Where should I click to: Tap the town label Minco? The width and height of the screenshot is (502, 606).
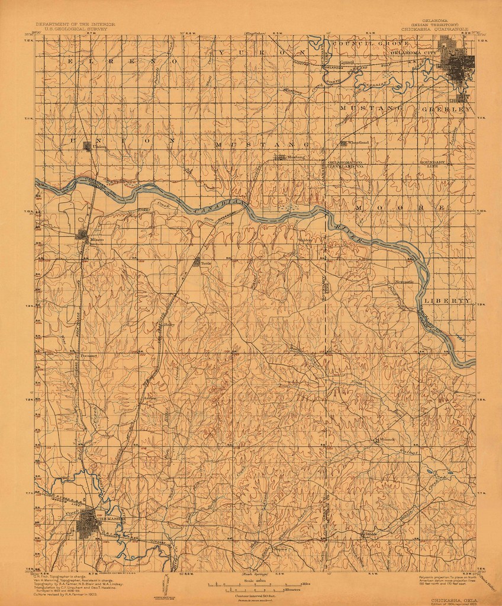point(96,239)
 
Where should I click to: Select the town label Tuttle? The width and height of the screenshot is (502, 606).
point(205,265)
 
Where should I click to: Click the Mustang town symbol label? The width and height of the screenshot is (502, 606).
point(295,158)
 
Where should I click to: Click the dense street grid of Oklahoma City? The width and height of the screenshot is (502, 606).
point(459,65)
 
